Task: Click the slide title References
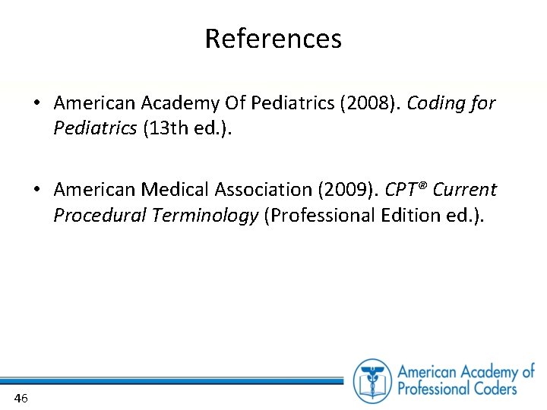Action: coord(273,38)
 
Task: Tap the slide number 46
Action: coord(21,398)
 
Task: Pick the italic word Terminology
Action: coord(205,216)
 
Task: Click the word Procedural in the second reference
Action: coord(100,216)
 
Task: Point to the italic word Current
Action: coord(465,190)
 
